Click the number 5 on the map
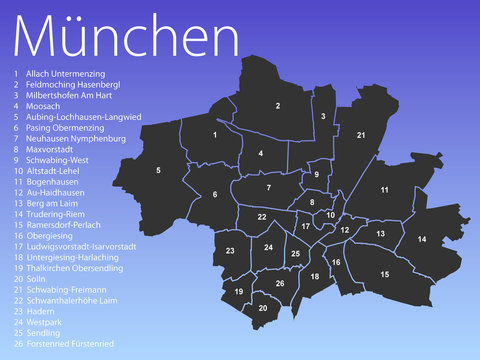click(158, 171)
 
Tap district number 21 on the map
click(361, 135)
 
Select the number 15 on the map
click(385, 274)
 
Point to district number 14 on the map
click(422, 240)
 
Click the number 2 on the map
click(277, 105)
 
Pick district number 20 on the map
click(263, 308)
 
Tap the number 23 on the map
click(230, 251)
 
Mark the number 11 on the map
click(384, 189)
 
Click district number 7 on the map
click(268, 187)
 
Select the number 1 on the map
click(215, 134)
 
